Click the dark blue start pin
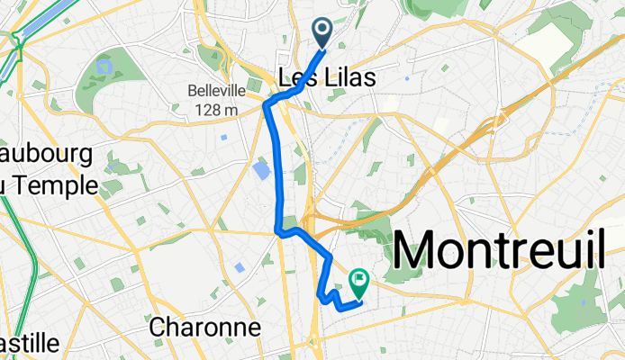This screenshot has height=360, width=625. (x=323, y=32)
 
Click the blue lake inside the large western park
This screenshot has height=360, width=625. (x=104, y=67)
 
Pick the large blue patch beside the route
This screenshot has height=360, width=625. (x=261, y=171)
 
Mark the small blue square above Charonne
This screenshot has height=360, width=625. (x=239, y=267)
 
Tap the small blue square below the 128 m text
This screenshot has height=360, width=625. (x=223, y=137)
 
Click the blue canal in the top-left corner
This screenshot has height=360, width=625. (x=36, y=22)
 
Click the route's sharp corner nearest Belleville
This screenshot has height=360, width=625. (x=266, y=106)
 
